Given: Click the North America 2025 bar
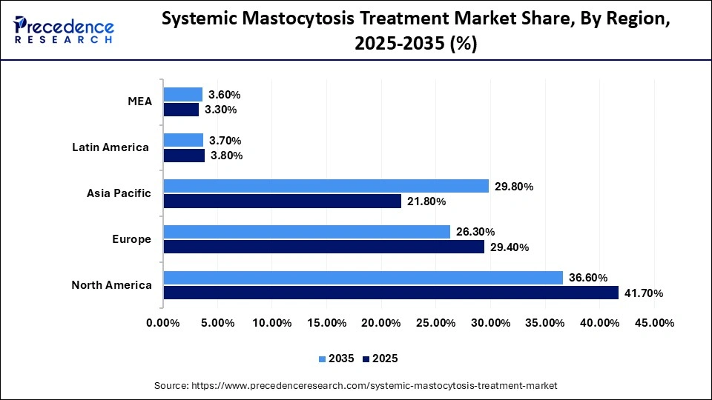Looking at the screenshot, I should coord(391,293).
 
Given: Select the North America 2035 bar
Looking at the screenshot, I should coord(363,278).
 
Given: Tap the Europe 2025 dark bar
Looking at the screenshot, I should coord(324,247).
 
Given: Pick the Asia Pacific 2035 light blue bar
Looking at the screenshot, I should coord(326,186).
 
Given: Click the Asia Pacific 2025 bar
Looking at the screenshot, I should coord(283,201).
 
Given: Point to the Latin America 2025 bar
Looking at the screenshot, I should coord(184,156).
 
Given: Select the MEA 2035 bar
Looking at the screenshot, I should coord(183,94).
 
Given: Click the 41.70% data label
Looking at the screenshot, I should coord(643,293).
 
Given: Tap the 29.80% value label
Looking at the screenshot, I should coord(513,187).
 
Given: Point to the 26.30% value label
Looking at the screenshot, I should coord(475,232).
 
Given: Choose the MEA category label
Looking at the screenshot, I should coord(139,101).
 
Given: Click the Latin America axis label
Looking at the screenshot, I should coord(111,147).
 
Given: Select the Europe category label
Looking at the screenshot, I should coord(133,239).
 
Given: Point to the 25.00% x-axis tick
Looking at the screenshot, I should coord(435,323).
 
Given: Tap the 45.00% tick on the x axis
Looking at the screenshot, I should coord(654,323).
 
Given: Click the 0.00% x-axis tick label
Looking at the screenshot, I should coord(163,323).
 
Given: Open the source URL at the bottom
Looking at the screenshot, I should coord(355,386).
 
